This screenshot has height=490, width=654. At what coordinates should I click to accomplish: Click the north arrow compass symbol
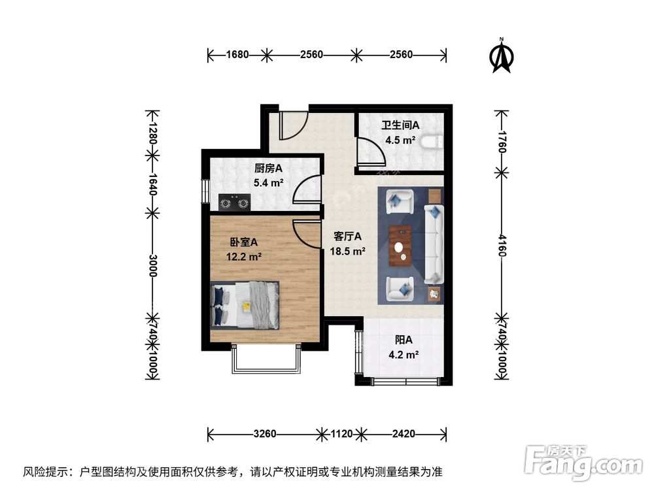click(502, 56)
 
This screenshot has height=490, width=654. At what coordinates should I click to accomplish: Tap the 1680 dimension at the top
click(237, 55)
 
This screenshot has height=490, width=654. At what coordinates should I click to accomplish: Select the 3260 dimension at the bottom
click(265, 433)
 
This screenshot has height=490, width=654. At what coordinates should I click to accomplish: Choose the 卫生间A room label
click(400, 125)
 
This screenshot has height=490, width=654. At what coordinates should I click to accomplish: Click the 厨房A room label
click(269, 169)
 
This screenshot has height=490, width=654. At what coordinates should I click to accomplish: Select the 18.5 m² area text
click(349, 250)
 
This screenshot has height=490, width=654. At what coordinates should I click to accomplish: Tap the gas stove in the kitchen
click(235, 203)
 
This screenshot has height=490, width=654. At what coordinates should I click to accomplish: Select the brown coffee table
click(400, 246)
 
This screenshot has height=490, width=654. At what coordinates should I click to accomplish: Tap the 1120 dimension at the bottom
click(341, 433)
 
